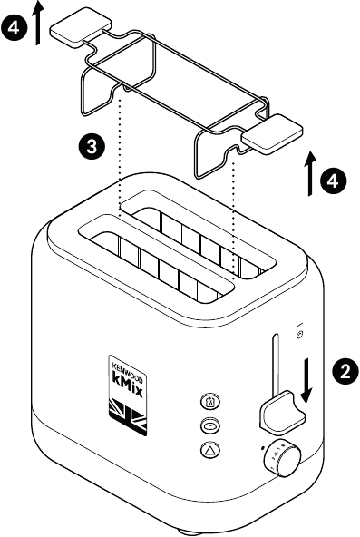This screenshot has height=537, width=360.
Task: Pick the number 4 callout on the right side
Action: pyautogui.click(x=333, y=181)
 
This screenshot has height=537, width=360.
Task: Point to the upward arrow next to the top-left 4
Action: pyautogui.click(x=37, y=23)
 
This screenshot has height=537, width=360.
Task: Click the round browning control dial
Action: pyautogui.click(x=281, y=460)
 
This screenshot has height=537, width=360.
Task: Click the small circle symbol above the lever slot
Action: pyautogui.click(x=299, y=337)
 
